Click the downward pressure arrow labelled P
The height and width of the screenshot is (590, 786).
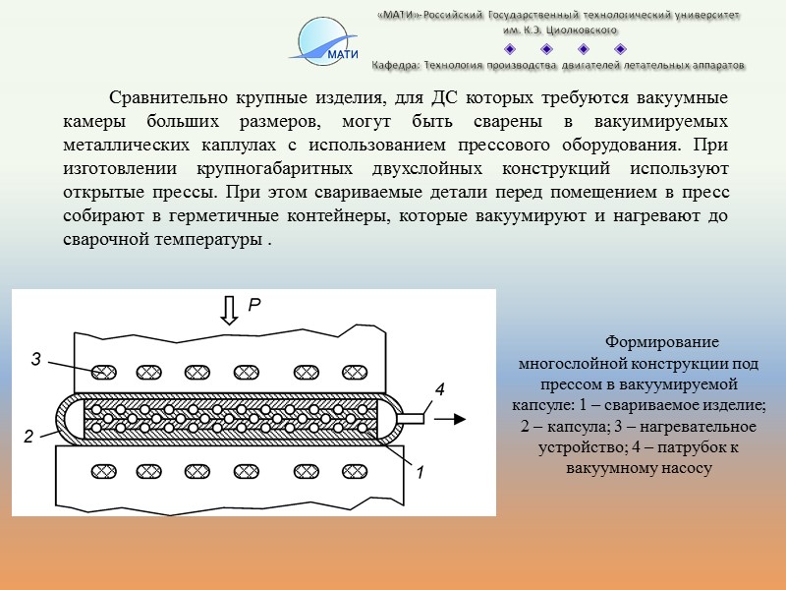[x=229, y=310]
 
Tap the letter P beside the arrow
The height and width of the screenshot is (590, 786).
[x=253, y=307]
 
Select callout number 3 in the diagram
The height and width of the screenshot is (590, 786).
[x=35, y=360]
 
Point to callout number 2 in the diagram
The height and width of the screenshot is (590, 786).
[x=29, y=435]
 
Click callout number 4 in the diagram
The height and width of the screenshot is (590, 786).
[x=439, y=389]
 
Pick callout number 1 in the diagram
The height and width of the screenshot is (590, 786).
[x=420, y=473]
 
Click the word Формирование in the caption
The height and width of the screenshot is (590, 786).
[x=661, y=342]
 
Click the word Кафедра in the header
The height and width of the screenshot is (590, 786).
[x=397, y=65]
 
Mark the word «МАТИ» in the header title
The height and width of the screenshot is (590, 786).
[x=400, y=16]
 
